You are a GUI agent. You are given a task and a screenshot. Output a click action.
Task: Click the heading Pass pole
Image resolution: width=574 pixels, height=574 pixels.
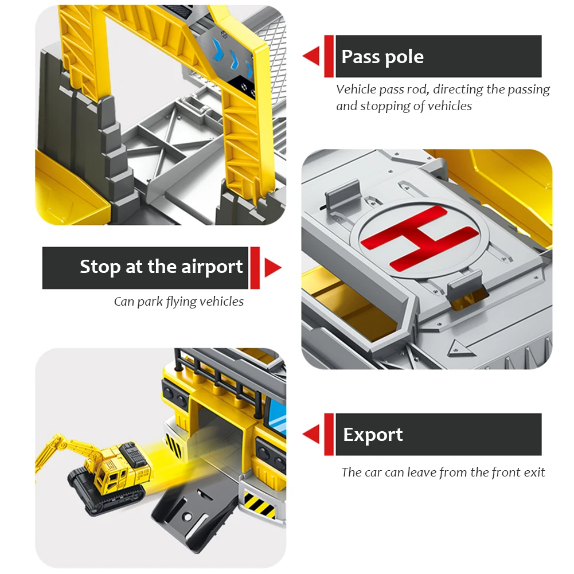382,57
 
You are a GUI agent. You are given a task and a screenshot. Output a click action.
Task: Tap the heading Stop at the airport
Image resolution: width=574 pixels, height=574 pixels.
162,267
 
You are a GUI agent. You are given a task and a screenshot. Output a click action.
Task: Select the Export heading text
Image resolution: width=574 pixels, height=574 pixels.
373,435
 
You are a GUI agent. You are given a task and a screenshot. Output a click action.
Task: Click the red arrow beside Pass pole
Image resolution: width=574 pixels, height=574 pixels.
311,56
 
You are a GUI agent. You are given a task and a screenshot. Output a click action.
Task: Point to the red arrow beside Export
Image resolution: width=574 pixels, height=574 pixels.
311,434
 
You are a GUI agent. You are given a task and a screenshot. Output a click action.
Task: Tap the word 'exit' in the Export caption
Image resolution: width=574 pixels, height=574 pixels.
534,473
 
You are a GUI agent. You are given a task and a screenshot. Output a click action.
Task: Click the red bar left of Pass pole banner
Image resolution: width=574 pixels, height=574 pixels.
329,56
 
